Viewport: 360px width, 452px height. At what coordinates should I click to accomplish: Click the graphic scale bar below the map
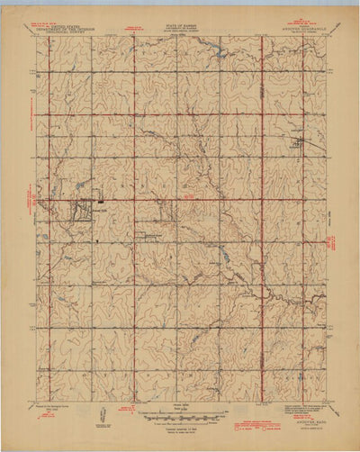185,417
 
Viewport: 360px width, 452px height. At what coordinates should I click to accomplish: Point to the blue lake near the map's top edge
219,53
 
